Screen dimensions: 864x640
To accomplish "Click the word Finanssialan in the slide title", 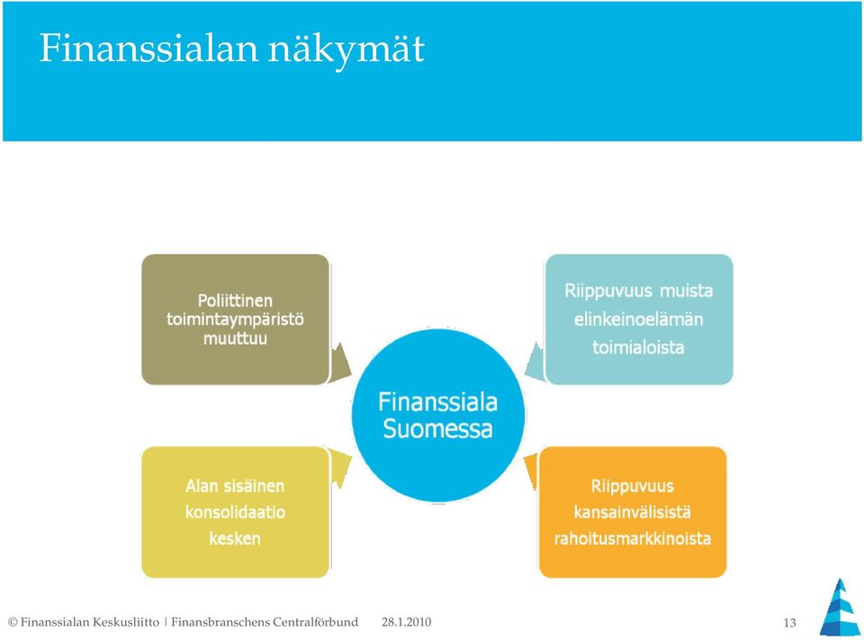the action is [148, 48].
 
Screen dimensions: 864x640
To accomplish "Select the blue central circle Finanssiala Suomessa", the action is [438, 415].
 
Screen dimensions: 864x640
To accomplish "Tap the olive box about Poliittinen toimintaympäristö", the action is [235, 320].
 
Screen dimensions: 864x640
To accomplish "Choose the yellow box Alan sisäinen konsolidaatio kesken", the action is [235, 512].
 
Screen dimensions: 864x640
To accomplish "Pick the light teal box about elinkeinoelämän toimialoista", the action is [639, 320].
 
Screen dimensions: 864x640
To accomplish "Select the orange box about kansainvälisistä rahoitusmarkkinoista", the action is [633, 512].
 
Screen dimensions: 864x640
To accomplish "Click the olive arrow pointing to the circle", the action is [340, 362].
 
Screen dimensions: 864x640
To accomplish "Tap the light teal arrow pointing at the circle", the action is [535, 362].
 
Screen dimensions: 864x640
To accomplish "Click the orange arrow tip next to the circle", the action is [525, 459].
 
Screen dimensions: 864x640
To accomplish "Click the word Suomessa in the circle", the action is [437, 428].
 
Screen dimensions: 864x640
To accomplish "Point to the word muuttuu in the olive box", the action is [235, 338].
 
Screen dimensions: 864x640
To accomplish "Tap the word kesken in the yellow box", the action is [235, 538].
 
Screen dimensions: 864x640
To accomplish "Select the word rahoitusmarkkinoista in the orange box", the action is [633, 538].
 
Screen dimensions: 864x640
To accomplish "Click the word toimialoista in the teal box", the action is [639, 347].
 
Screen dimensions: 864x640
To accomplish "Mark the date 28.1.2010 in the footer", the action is [406, 622].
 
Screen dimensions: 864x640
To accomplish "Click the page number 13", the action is [789, 623].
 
